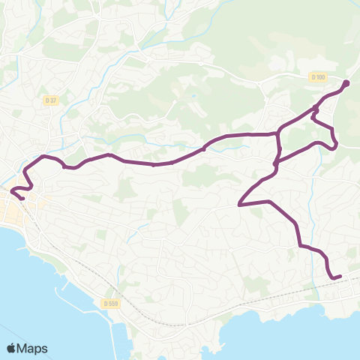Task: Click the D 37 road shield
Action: coord(51,100)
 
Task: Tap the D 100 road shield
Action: coord(318,77)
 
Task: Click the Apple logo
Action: coord(11,348)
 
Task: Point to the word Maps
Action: coord(32,348)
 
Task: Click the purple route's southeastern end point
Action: coord(340,277)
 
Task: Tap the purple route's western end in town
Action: coord(22,198)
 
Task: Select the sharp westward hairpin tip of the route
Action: coord(239,204)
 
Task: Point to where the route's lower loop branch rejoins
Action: coord(276,162)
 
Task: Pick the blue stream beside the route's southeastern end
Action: coord(310,217)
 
